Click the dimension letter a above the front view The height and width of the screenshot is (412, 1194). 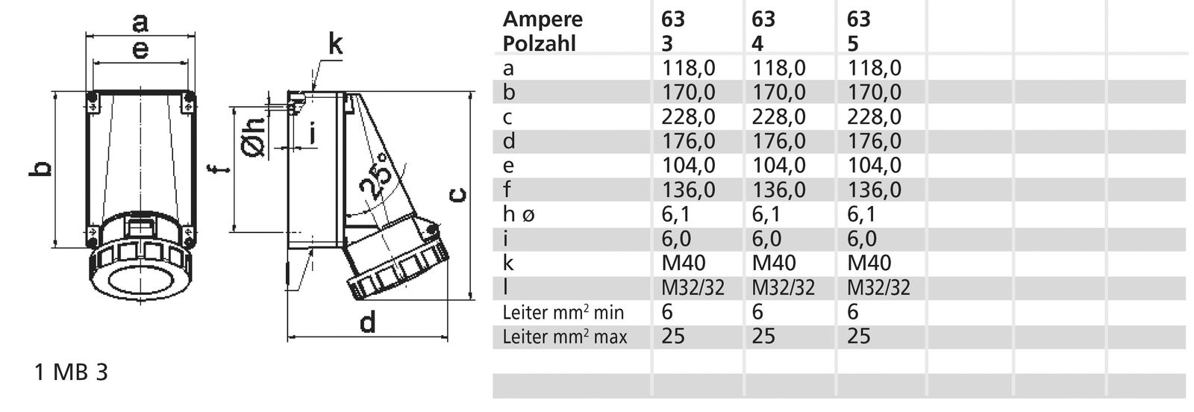140,22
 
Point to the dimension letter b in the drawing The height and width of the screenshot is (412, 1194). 43,169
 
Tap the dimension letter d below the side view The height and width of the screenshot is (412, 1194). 367,322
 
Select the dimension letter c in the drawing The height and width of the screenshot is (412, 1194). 460,195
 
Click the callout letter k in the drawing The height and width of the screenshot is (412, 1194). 336,45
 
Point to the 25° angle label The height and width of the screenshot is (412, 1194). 378,178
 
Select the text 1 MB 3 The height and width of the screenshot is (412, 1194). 71,373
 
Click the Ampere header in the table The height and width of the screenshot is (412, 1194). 543,19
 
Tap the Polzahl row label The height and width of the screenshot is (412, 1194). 540,43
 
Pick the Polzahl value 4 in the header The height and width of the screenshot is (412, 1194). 757,43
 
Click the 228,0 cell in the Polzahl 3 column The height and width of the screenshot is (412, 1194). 688,116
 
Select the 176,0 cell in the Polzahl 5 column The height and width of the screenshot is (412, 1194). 874,141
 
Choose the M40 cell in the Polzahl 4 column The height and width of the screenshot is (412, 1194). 774,263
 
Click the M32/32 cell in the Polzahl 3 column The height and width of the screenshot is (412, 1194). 693,287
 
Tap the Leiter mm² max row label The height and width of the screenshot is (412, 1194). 565,337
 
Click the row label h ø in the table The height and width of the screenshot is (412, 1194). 519,214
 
